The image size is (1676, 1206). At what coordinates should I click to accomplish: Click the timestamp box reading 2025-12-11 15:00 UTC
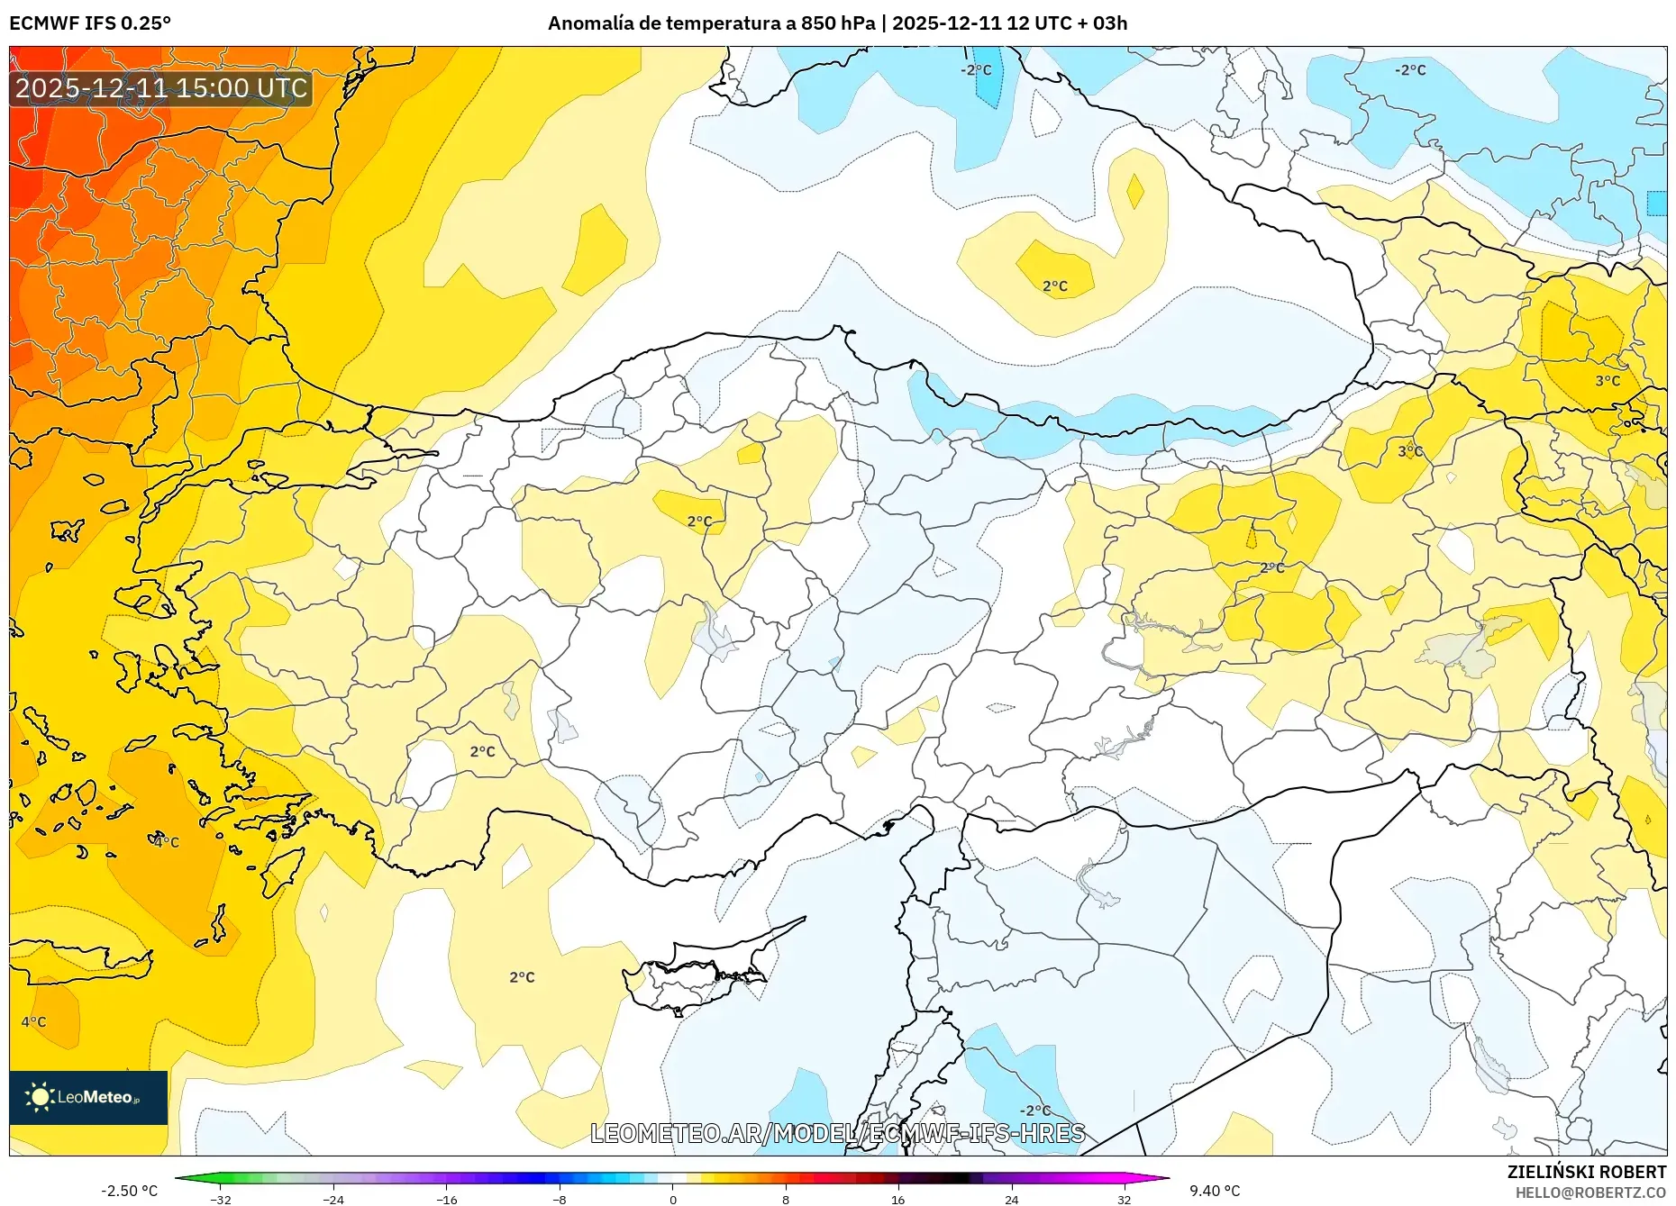pyautogui.click(x=161, y=88)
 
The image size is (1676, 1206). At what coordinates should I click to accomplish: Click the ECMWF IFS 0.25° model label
pyautogui.click(x=89, y=23)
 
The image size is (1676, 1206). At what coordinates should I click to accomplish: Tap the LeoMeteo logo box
pyautogui.click(x=88, y=1097)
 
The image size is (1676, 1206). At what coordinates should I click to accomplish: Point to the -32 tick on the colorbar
pyautogui.click(x=221, y=1199)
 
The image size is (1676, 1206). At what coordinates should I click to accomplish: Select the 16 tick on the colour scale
pyautogui.click(x=897, y=1199)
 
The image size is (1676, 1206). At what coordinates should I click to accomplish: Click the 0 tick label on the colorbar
pyautogui.click(x=672, y=1199)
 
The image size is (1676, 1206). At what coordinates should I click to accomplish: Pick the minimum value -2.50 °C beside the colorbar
pyautogui.click(x=129, y=1191)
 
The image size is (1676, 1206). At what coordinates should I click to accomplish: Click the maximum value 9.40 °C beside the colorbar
pyautogui.click(x=1214, y=1191)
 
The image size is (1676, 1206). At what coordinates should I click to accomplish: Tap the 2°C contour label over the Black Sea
pyautogui.click(x=1054, y=286)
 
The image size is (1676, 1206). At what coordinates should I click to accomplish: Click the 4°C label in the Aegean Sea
pyautogui.click(x=166, y=842)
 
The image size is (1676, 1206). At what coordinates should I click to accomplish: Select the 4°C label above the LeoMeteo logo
pyautogui.click(x=33, y=1021)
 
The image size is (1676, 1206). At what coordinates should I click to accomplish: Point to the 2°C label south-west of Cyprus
pyautogui.click(x=522, y=977)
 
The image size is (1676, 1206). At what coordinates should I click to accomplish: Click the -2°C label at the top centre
pyautogui.click(x=975, y=69)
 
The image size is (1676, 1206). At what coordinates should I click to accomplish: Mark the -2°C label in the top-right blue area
pyautogui.click(x=1410, y=69)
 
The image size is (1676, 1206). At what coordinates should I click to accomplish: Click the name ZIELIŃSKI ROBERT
pyautogui.click(x=1586, y=1172)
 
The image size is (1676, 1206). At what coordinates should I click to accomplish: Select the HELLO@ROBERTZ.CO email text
pyautogui.click(x=1590, y=1192)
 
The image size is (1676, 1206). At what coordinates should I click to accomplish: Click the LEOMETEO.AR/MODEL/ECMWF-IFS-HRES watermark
pyautogui.click(x=837, y=1133)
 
